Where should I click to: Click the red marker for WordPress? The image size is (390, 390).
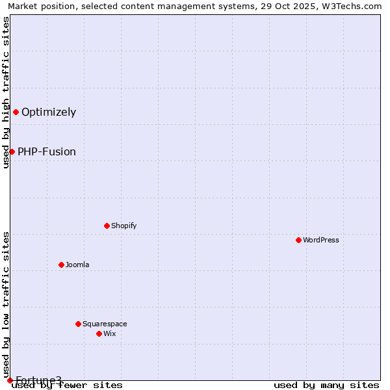[x=298, y=240]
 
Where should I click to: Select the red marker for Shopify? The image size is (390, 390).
[x=107, y=226]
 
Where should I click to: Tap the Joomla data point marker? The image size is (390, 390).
[x=61, y=265]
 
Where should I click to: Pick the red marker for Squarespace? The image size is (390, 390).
[x=78, y=324]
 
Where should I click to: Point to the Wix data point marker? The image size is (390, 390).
[x=99, y=333]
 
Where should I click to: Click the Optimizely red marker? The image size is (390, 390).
[x=16, y=112]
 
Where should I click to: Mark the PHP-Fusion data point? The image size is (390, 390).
[x=12, y=151]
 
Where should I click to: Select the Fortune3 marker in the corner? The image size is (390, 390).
[x=10, y=380]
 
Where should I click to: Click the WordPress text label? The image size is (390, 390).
[x=321, y=240]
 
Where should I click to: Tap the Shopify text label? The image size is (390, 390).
[x=123, y=226]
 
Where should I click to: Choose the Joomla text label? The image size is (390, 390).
[x=77, y=265]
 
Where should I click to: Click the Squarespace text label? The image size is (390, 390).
[x=105, y=324]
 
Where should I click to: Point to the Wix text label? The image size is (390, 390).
[x=109, y=333]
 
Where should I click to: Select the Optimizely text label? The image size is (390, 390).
[x=49, y=112]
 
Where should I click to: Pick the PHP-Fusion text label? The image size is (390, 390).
[x=47, y=151]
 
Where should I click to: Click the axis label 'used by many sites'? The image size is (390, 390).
[x=326, y=385]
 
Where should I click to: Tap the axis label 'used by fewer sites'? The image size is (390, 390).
[x=67, y=385]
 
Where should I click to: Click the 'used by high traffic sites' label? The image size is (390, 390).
[x=6, y=92]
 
